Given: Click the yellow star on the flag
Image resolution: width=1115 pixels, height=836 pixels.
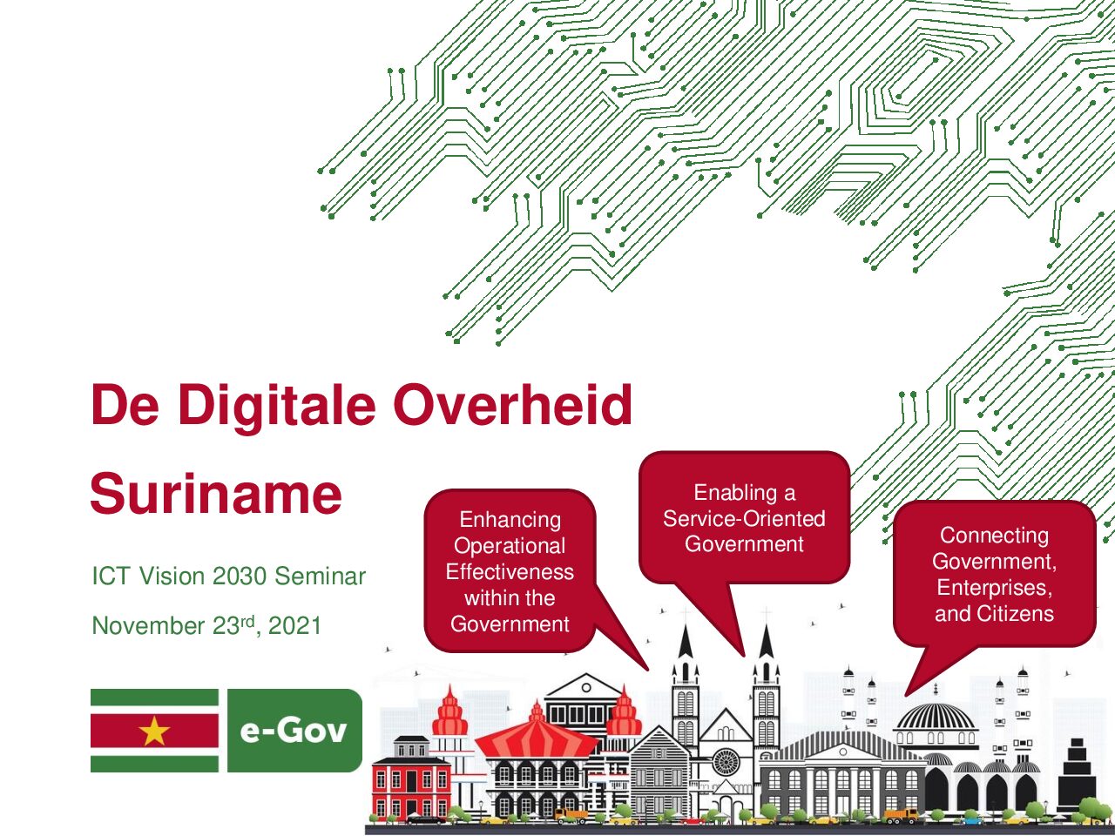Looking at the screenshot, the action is [x=154, y=731].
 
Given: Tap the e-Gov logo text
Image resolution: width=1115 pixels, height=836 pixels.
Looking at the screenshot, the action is [x=294, y=731].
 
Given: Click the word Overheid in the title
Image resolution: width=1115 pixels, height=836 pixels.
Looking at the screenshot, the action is [x=512, y=405].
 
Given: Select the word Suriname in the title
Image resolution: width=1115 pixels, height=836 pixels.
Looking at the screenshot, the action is [x=216, y=494].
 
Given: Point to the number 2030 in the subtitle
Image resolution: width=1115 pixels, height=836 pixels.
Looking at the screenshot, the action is [x=240, y=576].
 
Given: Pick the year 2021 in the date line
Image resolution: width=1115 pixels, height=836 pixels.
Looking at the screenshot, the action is [x=294, y=626].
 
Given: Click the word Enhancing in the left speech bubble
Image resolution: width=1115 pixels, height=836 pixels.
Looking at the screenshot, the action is [x=510, y=520].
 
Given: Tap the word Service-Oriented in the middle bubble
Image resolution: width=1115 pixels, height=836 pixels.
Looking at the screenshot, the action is [x=744, y=519].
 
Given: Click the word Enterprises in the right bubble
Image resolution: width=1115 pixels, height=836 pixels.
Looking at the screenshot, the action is [x=994, y=588].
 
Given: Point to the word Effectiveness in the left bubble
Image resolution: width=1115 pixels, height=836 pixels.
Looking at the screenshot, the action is [x=510, y=572].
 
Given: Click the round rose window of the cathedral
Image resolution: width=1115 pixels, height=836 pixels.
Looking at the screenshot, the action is [x=726, y=762].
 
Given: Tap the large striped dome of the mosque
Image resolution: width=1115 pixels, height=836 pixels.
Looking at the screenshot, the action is [x=936, y=717].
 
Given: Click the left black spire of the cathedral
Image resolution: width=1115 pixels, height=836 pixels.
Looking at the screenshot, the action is [x=686, y=641].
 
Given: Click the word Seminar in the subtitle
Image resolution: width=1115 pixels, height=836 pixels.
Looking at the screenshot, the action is [x=320, y=576].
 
